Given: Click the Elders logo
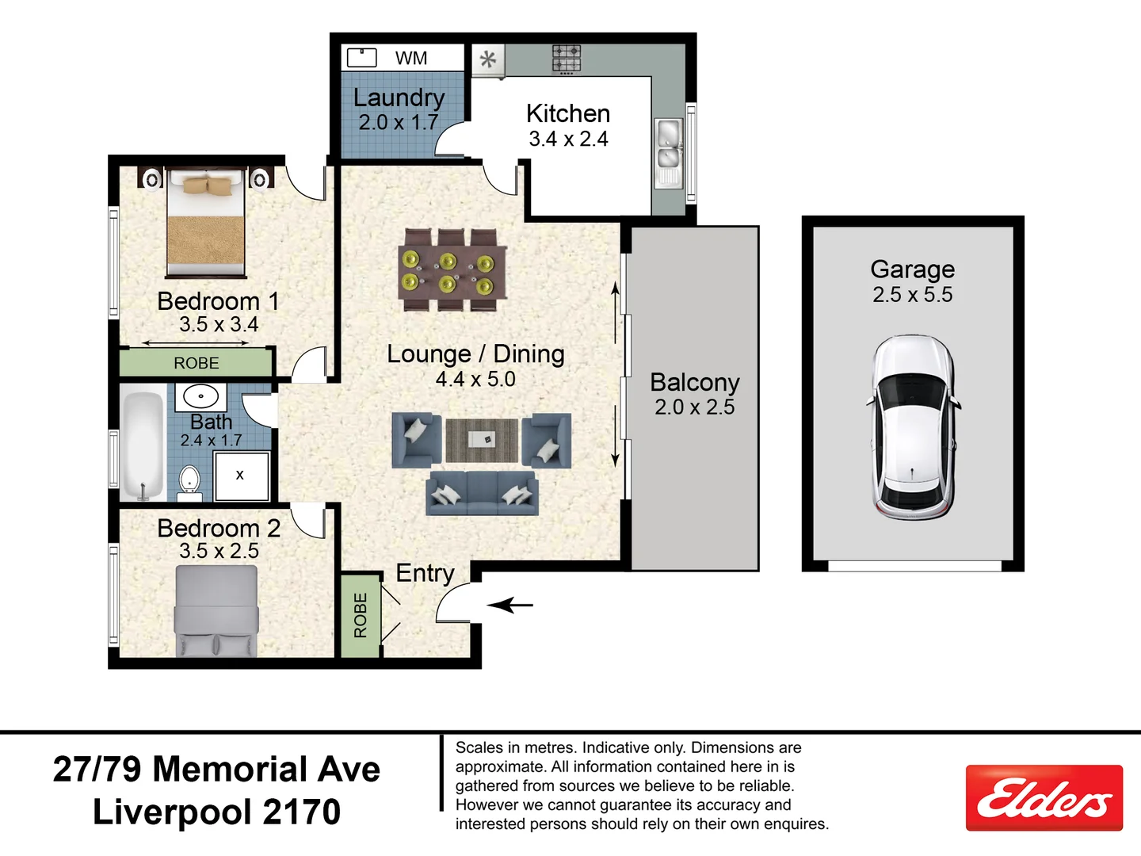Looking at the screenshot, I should click(x=1044, y=797).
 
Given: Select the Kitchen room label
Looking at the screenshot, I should click(x=568, y=113).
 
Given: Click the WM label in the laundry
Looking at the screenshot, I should click(x=410, y=58).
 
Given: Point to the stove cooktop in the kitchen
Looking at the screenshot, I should click(x=566, y=59).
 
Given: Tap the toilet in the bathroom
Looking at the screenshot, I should click(x=189, y=481).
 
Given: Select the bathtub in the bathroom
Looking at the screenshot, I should click(x=143, y=445).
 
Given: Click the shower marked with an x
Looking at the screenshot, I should click(x=241, y=476).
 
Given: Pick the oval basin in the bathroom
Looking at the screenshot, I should click(x=200, y=396).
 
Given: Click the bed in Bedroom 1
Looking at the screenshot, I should click(x=205, y=224).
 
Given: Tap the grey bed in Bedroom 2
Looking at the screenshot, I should click(x=216, y=611).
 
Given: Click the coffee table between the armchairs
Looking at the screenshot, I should click(x=481, y=440).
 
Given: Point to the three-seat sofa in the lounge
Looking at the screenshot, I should click(x=481, y=493).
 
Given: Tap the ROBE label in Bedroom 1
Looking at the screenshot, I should click(x=196, y=363).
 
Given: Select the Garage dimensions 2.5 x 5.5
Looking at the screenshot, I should click(x=912, y=295).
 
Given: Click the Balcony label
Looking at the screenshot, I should click(x=694, y=382).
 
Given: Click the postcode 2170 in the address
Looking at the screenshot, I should click(x=301, y=812).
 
